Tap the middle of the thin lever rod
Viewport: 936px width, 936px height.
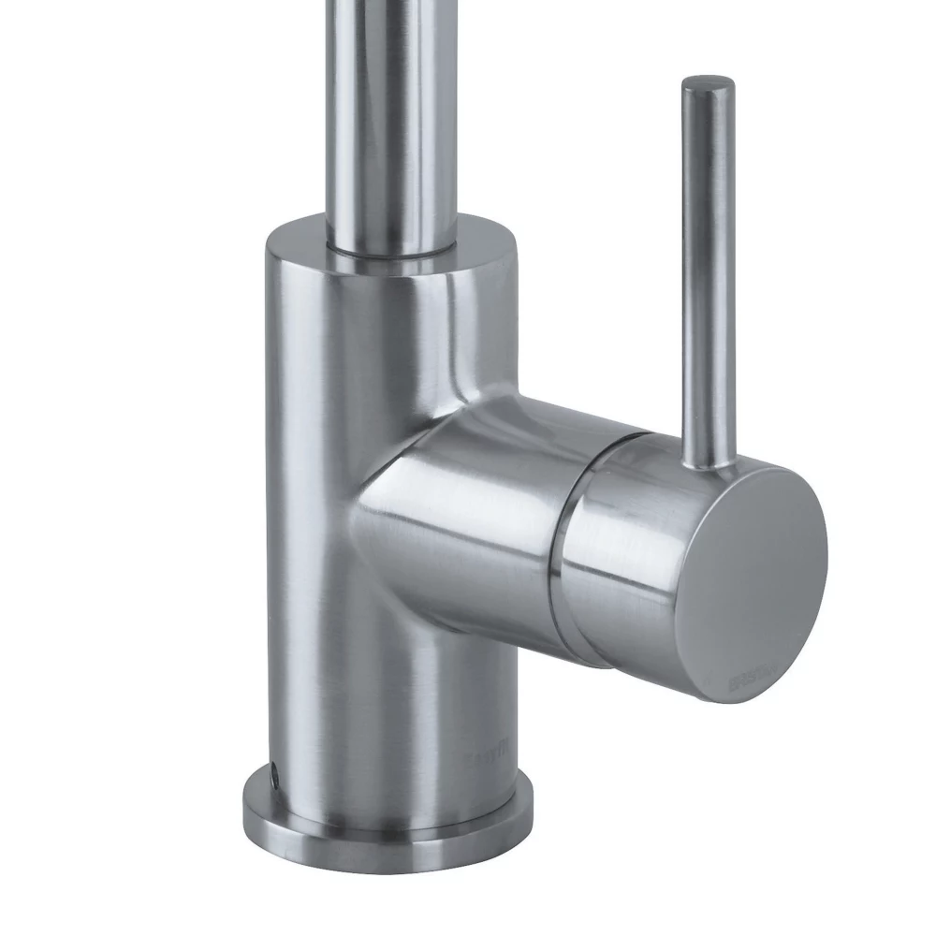(708, 271)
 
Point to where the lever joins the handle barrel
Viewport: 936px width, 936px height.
(708, 459)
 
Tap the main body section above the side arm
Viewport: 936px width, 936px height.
(374, 346)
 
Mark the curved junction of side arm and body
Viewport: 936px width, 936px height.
(374, 487)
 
